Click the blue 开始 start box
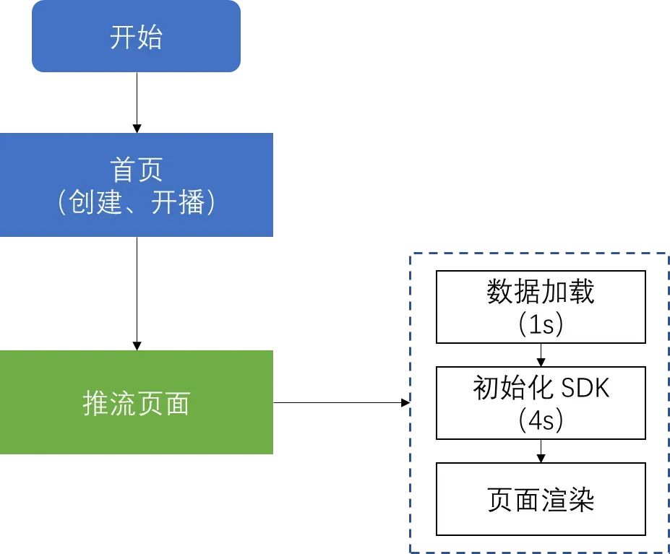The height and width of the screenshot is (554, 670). pyautogui.click(x=136, y=36)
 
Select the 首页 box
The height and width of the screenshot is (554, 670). pyautogui.click(x=136, y=185)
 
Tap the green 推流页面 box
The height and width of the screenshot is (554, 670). pyautogui.click(x=136, y=402)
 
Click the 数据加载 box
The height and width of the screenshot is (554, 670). pyautogui.click(x=541, y=307)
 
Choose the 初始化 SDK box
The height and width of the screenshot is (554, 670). pyautogui.click(x=541, y=403)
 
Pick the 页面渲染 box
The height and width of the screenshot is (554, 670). pyautogui.click(x=541, y=499)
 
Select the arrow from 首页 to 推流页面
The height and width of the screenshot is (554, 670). pyautogui.click(x=137, y=293)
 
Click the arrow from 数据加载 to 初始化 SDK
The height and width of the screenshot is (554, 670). pyautogui.click(x=541, y=355)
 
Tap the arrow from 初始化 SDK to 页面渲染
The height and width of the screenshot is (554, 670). pyautogui.click(x=541, y=451)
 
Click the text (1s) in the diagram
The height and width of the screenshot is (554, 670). pyautogui.click(x=541, y=325)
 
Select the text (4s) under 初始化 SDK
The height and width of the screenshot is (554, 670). pyautogui.click(x=541, y=420)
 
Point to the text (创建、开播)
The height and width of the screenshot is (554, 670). pyautogui.click(x=136, y=203)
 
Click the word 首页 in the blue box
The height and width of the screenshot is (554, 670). pyautogui.click(x=136, y=170)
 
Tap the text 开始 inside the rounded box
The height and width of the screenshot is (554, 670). pyautogui.click(x=136, y=37)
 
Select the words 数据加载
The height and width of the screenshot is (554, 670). pyautogui.click(x=541, y=292)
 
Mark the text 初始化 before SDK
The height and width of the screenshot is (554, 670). pyautogui.click(x=505, y=389)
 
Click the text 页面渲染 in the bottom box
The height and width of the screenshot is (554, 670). pyautogui.click(x=541, y=500)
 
